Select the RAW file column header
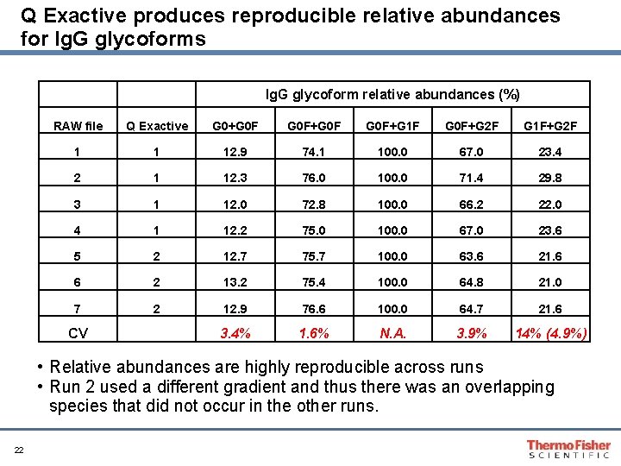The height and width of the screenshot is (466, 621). [78, 126]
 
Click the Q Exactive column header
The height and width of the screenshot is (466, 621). [157, 126]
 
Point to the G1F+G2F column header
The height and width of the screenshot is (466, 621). [550, 126]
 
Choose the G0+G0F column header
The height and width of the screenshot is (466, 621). [236, 126]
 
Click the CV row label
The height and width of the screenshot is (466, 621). [78, 333]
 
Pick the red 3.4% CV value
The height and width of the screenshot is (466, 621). [235, 333]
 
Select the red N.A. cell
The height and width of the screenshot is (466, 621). [393, 333]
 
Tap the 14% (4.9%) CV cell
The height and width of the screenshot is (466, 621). [550, 333]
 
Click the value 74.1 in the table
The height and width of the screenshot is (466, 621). [315, 152]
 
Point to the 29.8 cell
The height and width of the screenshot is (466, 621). [550, 178]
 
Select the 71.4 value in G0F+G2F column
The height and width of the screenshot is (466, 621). [472, 178]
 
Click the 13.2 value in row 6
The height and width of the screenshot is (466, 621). [236, 281]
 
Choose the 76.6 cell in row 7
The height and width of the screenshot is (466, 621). [315, 307]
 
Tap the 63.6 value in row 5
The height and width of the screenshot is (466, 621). [472, 255]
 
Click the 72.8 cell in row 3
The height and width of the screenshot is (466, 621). [315, 204]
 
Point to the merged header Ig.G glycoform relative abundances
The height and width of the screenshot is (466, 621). [392, 94]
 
